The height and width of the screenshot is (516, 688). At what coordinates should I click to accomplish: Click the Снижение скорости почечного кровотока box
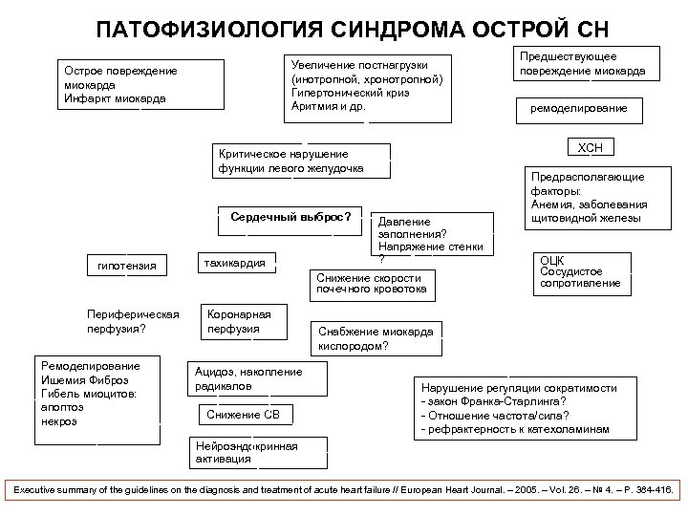[x=374, y=283]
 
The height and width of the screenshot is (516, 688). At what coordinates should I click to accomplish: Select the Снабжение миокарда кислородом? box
[x=376, y=338]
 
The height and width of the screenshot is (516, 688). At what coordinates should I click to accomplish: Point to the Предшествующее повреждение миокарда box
[x=582, y=64]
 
